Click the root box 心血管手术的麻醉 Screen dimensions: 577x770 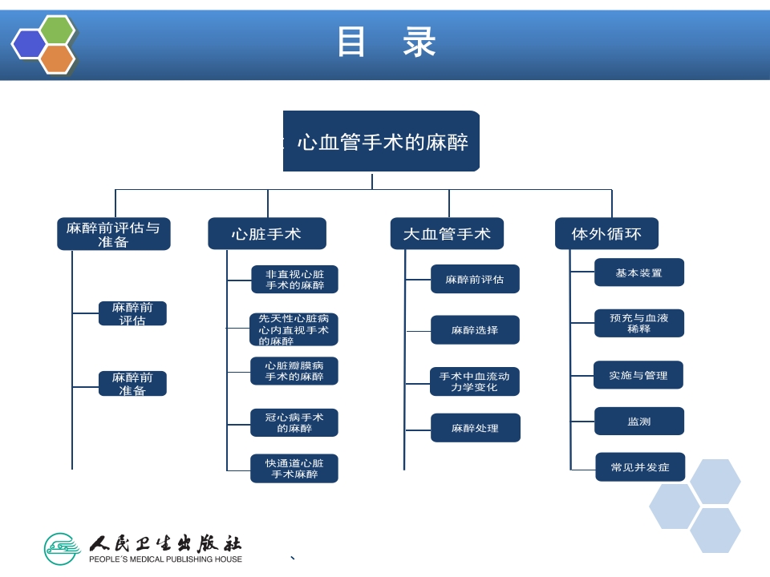coord(382,142)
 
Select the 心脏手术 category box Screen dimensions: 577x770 coord(267,234)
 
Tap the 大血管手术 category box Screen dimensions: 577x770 coord(447,234)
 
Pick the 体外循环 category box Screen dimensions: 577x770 coord(606,234)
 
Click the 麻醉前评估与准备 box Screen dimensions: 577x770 coord(113,234)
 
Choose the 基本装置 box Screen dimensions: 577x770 coord(638,272)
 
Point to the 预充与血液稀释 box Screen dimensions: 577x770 coord(638,323)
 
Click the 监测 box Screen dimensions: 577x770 coord(638,421)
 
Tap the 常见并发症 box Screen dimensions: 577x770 coord(639,466)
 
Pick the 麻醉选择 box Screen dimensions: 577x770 coord(475,329)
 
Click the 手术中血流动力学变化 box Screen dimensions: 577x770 coord(475,381)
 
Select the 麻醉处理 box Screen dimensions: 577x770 coord(475,428)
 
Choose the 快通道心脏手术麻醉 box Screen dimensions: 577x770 coord(294,468)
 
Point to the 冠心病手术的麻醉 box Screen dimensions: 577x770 coord(294,422)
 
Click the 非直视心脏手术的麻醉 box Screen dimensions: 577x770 coord(294,279)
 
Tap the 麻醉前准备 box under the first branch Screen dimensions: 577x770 coord(132,383)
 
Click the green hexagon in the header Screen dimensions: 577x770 coord(58,30)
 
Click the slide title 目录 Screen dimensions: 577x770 coord(386,42)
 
